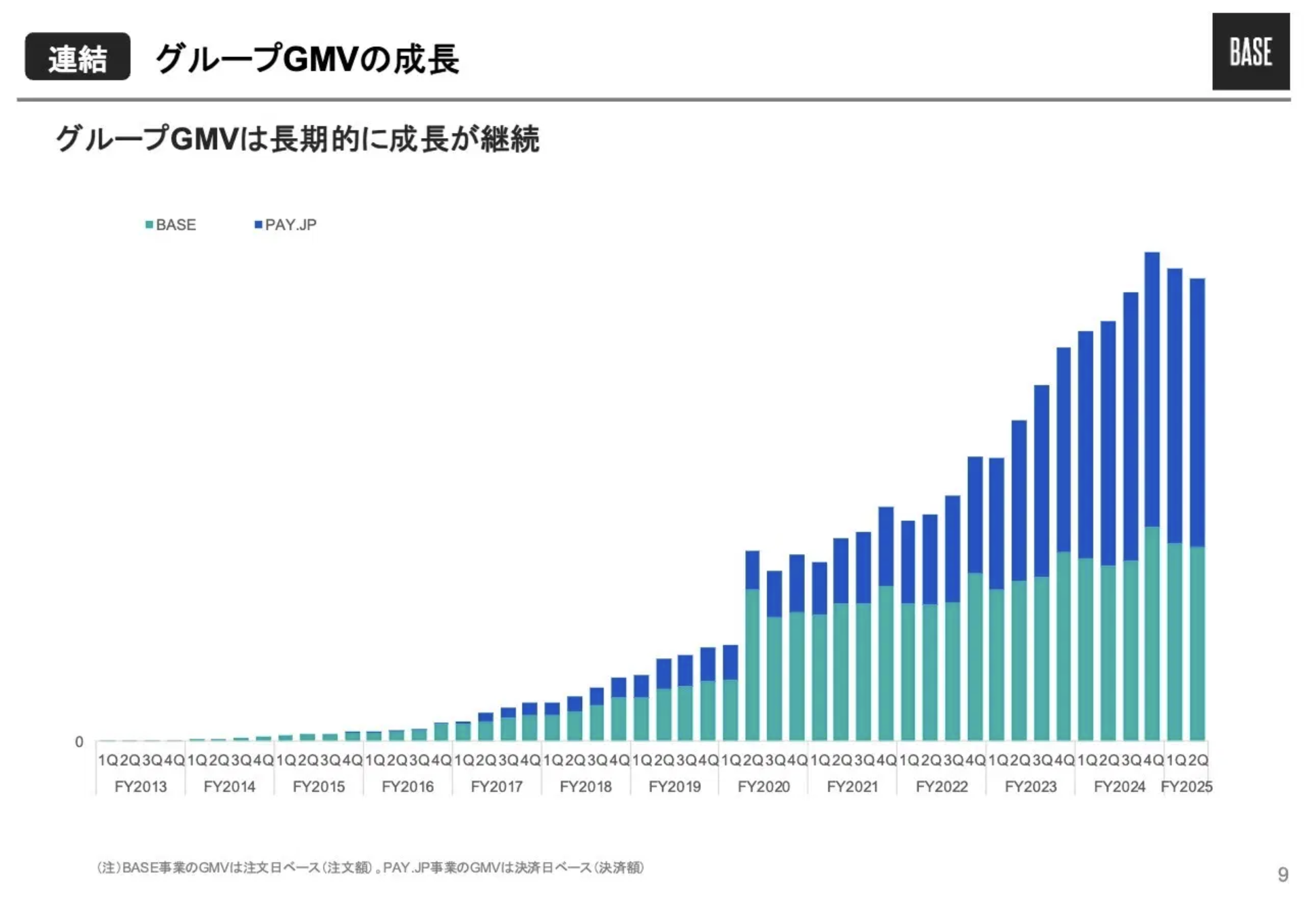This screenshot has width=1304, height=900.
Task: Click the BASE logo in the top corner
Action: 1250,52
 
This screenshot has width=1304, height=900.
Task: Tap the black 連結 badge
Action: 78,57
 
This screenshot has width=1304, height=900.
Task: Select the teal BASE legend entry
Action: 171,225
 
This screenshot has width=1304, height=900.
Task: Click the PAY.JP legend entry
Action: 286,225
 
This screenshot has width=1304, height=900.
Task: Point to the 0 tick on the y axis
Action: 79,742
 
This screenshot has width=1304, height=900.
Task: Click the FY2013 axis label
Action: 141,786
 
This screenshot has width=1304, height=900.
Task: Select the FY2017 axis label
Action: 496,786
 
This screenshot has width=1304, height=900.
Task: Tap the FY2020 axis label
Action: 763,786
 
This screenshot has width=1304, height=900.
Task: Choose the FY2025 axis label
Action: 1186,786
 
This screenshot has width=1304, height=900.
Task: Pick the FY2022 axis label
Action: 942,786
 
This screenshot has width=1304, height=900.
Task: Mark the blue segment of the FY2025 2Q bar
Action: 1197,412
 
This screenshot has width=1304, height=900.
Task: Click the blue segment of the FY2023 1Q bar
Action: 997,523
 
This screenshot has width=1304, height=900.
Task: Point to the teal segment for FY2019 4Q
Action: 730,710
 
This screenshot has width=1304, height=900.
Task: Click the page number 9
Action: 1282,874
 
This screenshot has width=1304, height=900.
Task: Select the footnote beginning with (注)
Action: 371,867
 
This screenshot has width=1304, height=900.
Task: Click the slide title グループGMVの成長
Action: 307,58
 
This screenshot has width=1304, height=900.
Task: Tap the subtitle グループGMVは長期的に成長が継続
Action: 297,139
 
